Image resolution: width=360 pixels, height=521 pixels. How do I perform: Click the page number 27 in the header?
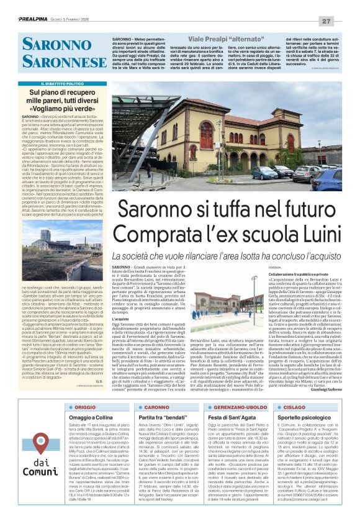click(343, 21)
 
